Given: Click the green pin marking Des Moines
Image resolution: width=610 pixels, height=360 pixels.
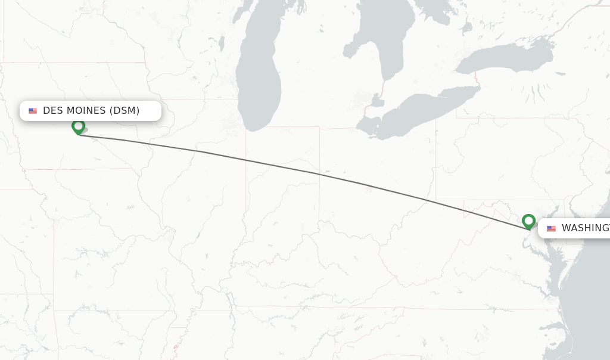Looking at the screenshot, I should coord(78,126).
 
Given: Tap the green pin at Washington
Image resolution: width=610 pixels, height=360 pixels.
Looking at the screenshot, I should coord(528,221).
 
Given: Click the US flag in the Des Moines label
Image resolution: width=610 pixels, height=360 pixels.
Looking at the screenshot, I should coord(33,111).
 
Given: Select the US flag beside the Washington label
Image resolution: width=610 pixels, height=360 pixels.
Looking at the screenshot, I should coord(551,228).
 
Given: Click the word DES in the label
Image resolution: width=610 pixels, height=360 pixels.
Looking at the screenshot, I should coord(53,110).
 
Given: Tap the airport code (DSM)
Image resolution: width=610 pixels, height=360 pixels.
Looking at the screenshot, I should coord(124,110).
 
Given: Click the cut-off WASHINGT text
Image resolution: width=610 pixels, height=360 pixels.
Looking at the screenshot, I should coord(585,228).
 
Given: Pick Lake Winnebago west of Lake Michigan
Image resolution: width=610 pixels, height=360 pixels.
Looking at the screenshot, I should coord(221,44).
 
